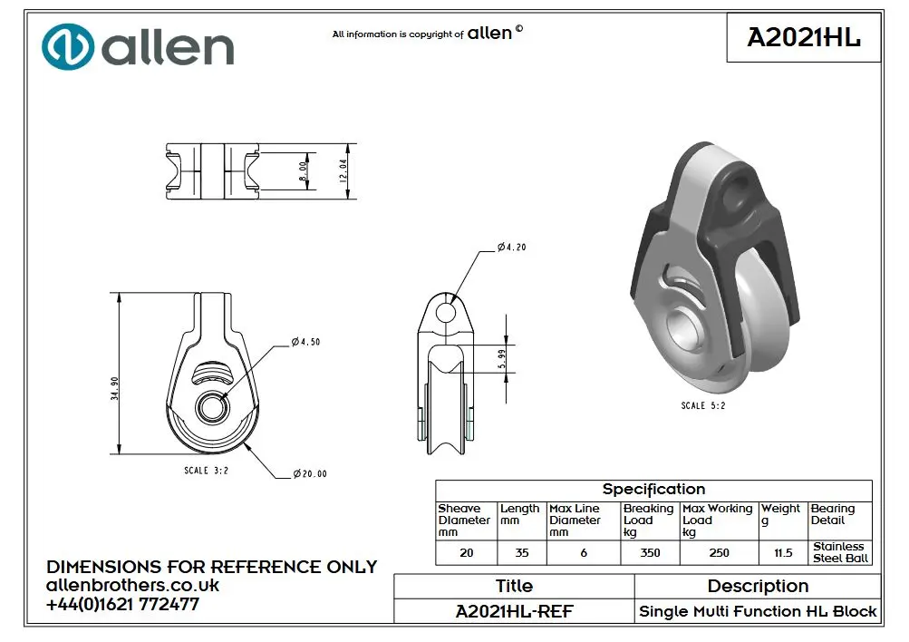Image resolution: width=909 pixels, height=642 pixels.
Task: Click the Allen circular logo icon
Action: [68, 47]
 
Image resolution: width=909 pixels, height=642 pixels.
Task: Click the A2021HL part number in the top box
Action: [804, 38]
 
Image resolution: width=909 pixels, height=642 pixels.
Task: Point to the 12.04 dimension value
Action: [343, 171]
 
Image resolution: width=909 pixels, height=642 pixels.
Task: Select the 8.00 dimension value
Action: [303, 171]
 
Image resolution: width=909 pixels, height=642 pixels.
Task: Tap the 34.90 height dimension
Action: [115, 389]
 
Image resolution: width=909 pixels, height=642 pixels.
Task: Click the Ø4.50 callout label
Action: [305, 342]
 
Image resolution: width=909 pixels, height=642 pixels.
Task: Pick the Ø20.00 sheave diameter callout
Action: [310, 474]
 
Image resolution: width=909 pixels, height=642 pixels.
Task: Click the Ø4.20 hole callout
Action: [512, 247]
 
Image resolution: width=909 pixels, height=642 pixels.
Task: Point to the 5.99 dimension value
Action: [502, 359]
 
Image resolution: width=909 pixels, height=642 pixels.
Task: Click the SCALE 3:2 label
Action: [207, 471]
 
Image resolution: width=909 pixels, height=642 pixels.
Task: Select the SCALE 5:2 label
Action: [703, 405]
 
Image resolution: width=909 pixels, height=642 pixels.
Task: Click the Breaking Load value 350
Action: [650, 553]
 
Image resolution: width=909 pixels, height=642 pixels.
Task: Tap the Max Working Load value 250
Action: [719, 553]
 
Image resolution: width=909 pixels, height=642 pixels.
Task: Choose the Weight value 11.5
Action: [783, 553]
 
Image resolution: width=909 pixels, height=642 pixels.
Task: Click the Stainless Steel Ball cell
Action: [840, 553]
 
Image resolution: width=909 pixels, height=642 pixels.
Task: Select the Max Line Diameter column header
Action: [575, 520]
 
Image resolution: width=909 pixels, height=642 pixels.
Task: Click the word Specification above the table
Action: [654, 490]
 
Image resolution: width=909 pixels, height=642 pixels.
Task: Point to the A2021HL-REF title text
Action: [514, 611]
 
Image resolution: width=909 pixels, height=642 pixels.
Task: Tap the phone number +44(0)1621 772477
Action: [123, 604]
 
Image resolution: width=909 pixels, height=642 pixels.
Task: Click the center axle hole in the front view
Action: [213, 408]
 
